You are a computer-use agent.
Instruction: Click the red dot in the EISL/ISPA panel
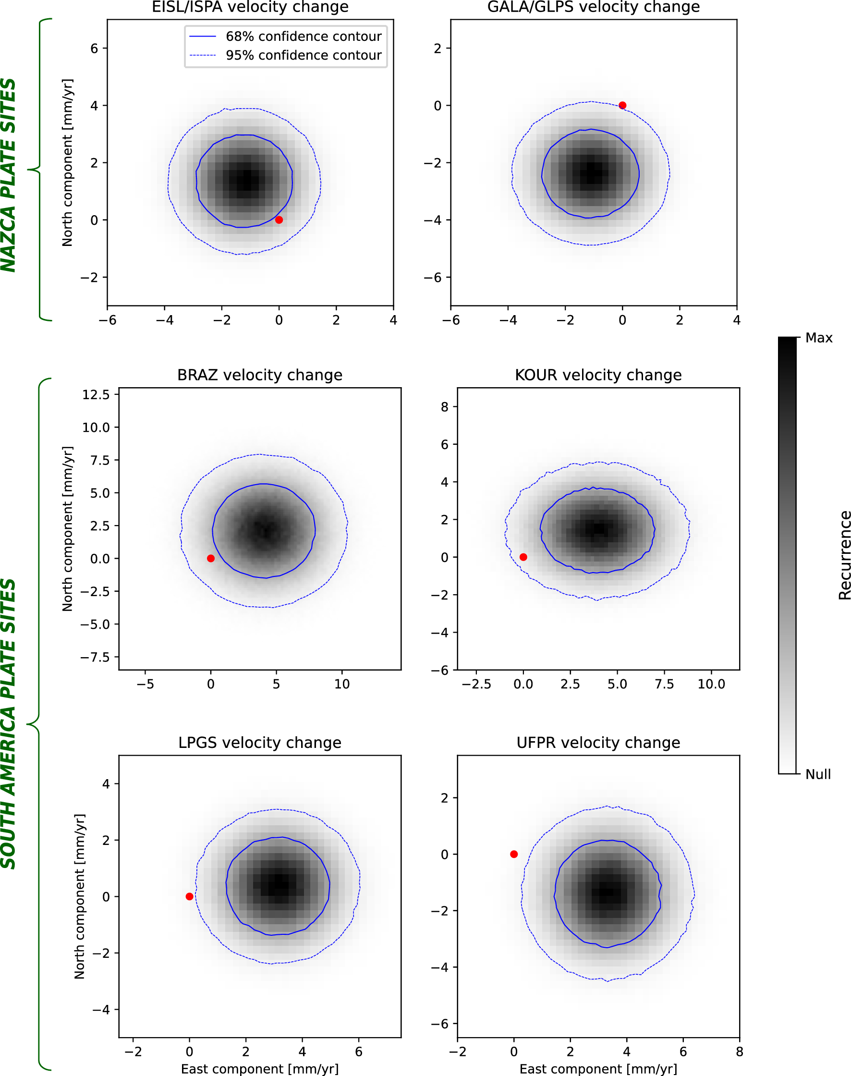tap(279, 220)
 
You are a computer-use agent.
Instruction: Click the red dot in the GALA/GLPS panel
tap(622, 105)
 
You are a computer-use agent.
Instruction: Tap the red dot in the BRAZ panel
tap(211, 558)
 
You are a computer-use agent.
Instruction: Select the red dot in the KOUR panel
tap(523, 557)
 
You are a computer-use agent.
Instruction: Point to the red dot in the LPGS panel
tap(189, 896)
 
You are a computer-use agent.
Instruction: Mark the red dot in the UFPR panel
tap(514, 854)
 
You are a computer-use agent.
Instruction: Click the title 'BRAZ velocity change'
tap(260, 375)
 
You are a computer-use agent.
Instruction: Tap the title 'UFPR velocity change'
tap(598, 743)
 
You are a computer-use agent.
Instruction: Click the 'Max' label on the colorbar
tap(819, 338)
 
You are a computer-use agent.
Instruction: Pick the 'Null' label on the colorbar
tap(818, 774)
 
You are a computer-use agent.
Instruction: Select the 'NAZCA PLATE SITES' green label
tap(9, 175)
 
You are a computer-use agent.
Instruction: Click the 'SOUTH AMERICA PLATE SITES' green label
tap(9, 723)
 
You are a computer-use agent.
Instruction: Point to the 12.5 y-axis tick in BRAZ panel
tap(96, 395)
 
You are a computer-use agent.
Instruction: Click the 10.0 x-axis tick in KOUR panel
tap(711, 684)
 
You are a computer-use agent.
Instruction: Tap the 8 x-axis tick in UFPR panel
tap(740, 1052)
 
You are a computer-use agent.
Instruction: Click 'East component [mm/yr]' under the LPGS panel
tap(260, 1068)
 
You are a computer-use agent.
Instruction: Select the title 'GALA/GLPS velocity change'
tap(594, 7)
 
